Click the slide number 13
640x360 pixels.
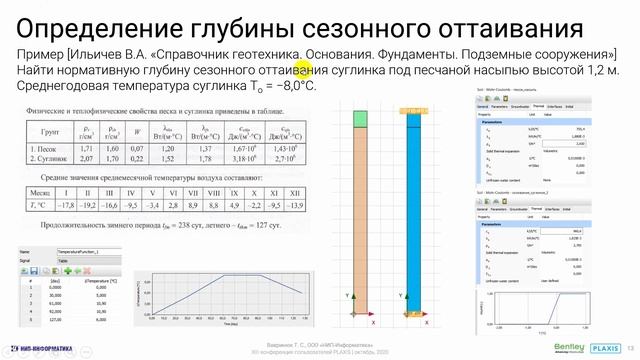[631, 343]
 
